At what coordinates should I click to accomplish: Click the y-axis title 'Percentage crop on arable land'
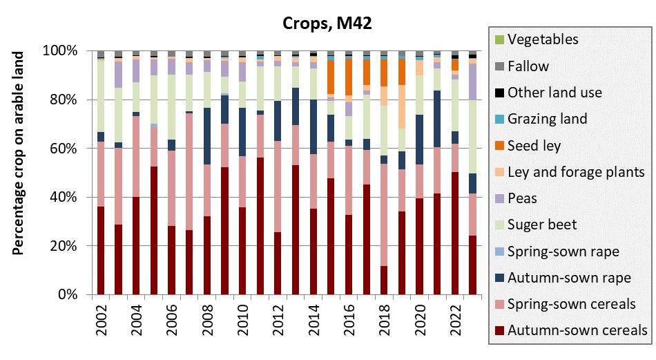pos(19,153)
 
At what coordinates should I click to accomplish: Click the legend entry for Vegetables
pos(543,40)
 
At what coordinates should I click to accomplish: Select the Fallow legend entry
pos(528,66)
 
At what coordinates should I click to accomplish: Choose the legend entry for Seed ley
pos(536,146)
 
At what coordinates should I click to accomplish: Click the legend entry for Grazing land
pos(547,119)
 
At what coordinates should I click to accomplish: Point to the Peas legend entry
pos(523,198)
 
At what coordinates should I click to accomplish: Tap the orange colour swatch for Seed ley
pos(499,146)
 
